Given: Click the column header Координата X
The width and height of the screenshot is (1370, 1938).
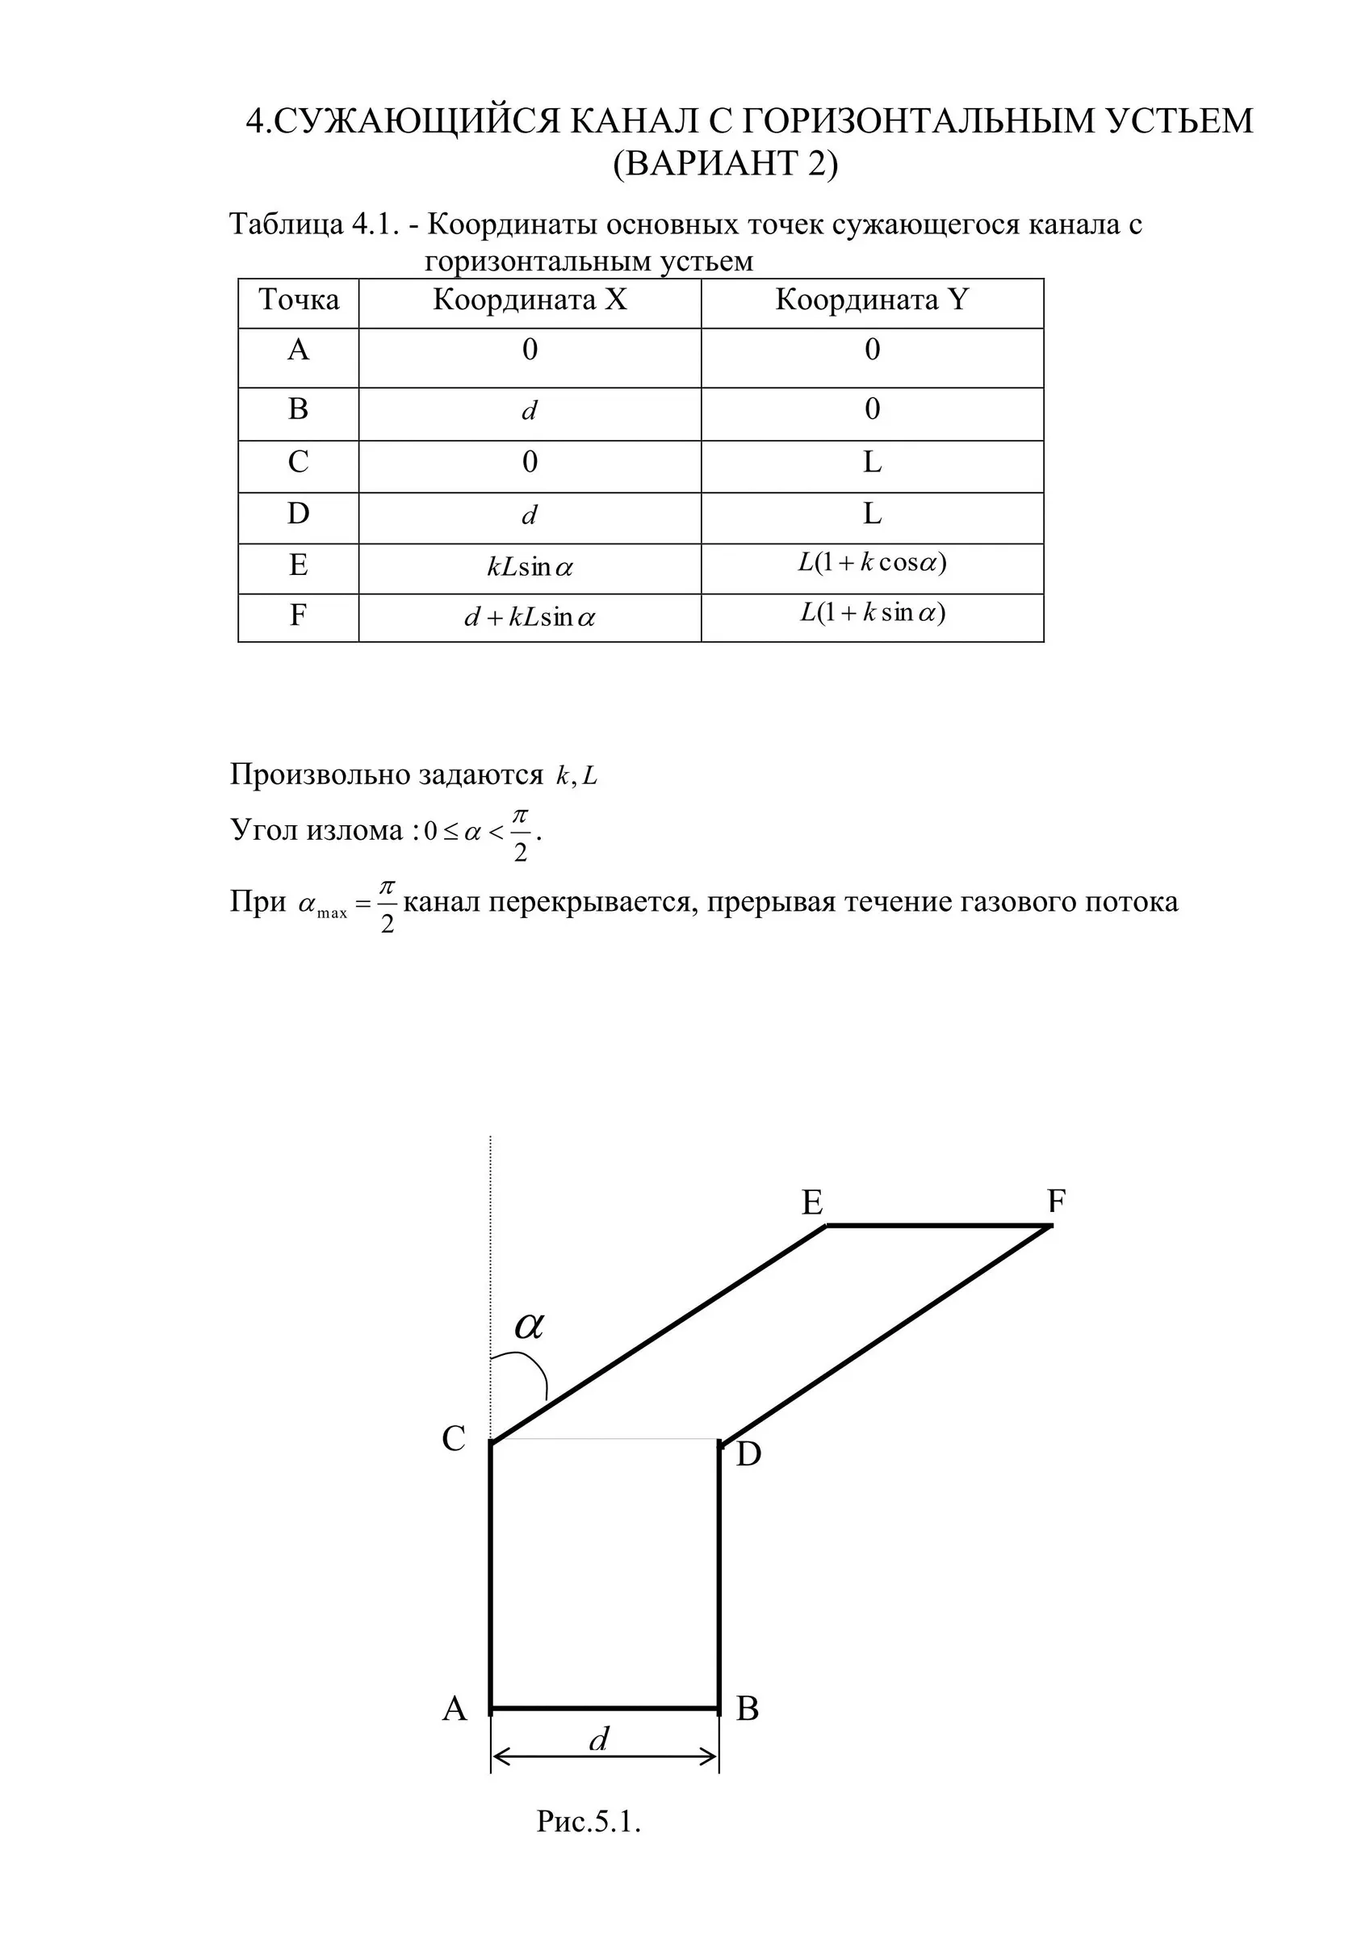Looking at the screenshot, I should [x=530, y=300].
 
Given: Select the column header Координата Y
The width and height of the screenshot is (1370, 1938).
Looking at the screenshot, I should [x=872, y=300].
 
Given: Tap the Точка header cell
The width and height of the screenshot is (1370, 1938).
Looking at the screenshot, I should [x=299, y=300].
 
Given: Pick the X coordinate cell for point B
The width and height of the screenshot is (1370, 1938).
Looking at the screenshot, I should [x=530, y=412].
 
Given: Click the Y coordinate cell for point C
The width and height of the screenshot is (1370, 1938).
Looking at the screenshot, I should [x=872, y=463].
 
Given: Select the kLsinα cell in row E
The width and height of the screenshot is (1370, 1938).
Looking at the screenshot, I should [x=530, y=567].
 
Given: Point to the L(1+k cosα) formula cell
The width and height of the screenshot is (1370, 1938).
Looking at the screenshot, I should [x=872, y=562].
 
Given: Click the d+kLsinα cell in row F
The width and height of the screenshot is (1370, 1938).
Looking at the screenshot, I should [x=530, y=618].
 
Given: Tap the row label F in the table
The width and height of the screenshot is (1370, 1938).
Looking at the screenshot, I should [x=298, y=615].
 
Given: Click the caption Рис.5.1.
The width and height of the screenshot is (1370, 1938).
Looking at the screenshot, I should [x=589, y=1845].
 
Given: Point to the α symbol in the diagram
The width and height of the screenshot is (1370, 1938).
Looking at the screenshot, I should [x=530, y=1326].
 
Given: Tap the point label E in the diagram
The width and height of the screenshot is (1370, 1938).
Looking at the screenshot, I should [x=812, y=1203].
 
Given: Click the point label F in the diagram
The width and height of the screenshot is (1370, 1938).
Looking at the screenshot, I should [x=1056, y=1200].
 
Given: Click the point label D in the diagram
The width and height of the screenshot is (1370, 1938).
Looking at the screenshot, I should [x=748, y=1454].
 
